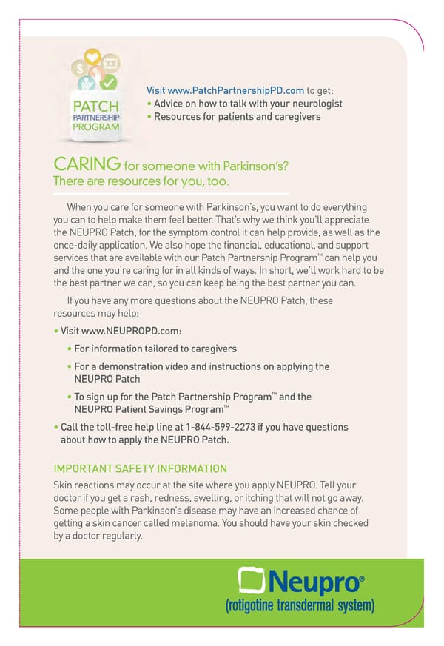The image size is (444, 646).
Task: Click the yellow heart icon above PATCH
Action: coord(92,56)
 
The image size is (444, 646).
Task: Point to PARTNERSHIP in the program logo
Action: coord(95,117)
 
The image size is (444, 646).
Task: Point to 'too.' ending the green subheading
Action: coord(218,181)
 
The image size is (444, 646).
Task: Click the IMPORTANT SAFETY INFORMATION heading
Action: coord(140,468)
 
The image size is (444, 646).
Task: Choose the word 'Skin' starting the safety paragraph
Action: coord(63,484)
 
